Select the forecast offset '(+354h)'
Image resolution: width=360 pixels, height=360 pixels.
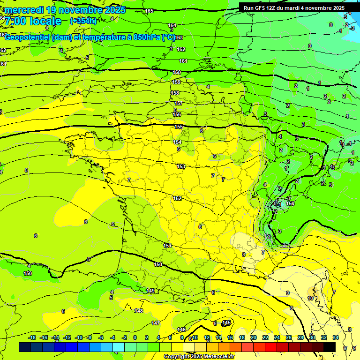(x=83, y=21)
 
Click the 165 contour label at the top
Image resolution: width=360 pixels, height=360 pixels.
(x=149, y=11)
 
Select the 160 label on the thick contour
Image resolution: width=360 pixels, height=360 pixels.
(x=177, y=72)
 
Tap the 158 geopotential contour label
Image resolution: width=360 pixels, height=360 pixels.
(x=175, y=93)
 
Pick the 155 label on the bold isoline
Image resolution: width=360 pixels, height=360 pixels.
(x=179, y=127)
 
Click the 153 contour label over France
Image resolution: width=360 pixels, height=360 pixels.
(x=181, y=166)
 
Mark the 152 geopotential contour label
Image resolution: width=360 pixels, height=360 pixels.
(x=177, y=198)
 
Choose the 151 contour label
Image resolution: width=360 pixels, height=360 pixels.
(x=167, y=246)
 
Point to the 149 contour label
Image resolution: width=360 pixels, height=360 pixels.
(x=151, y=291)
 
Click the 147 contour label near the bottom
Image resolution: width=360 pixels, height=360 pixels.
(x=156, y=323)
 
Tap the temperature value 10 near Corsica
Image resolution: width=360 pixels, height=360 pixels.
(x=310, y=298)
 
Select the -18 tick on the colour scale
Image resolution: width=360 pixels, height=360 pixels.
(x=32, y=337)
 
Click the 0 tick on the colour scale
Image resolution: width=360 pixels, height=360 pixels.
(x=135, y=337)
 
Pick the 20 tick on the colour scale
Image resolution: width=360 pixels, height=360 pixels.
(x=253, y=337)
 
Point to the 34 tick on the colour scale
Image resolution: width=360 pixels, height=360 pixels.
(x=335, y=337)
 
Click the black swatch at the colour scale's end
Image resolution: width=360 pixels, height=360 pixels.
(x=330, y=347)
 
